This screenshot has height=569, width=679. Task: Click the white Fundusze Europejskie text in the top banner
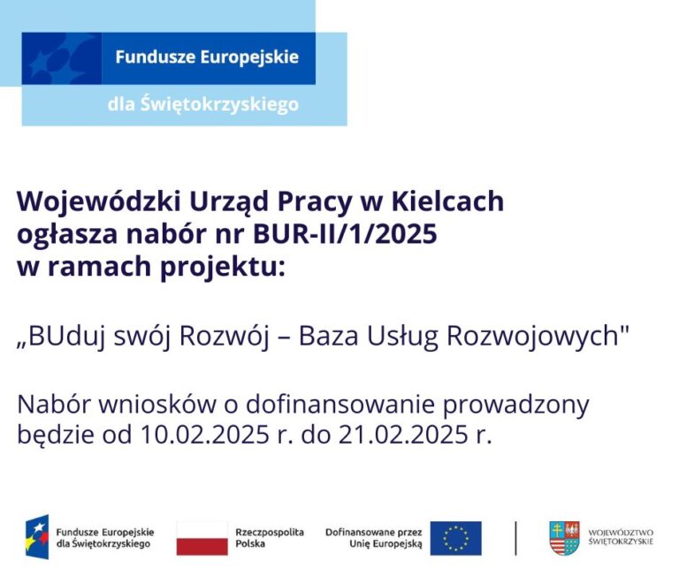click(x=207, y=57)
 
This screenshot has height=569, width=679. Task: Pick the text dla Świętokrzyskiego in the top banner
click(x=202, y=104)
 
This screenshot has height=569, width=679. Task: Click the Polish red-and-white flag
click(x=202, y=538)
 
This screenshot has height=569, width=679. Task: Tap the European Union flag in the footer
click(x=456, y=538)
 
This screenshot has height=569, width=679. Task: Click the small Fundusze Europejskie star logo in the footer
click(x=37, y=538)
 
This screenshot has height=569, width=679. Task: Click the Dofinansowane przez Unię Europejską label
click(x=374, y=538)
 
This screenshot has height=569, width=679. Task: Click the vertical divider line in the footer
click(x=515, y=538)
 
